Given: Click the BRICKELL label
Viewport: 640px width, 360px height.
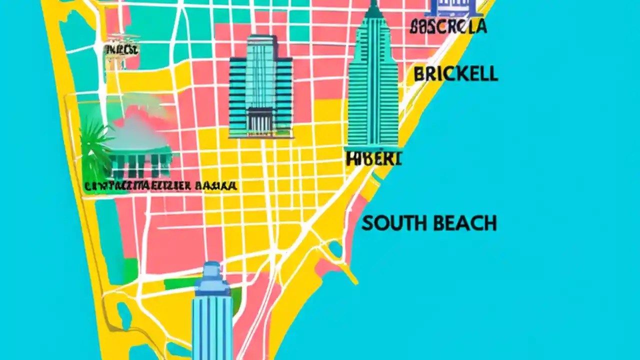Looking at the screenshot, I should pos(455,74).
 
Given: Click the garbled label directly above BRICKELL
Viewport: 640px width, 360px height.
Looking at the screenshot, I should pos(448,26).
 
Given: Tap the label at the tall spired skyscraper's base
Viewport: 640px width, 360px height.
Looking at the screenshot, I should pos(373,158).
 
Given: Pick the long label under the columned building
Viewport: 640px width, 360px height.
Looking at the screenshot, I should pos(160,186).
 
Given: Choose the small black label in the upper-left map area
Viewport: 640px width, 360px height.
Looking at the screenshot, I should pos(121,49).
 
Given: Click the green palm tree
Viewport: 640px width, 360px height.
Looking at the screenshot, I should pos(96,147).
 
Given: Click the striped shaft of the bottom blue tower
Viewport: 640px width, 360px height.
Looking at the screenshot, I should pos(212,325).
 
